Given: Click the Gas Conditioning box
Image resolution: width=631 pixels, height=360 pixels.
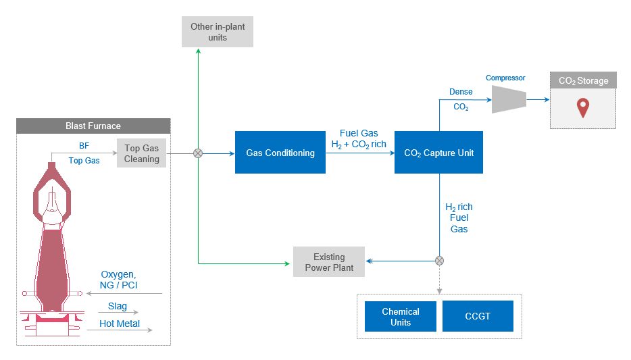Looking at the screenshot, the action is (x=280, y=153).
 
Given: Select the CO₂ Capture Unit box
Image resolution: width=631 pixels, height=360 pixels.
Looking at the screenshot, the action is (x=438, y=153).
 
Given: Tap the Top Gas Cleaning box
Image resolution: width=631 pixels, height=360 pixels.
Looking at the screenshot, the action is (x=141, y=153).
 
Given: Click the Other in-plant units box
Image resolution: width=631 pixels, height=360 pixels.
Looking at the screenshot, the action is (x=218, y=32).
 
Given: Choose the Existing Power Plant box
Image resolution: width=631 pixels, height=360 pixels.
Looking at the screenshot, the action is (x=329, y=262).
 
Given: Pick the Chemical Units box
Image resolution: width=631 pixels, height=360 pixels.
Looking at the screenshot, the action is (x=401, y=317).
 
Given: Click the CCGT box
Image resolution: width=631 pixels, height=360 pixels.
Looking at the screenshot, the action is (x=478, y=316).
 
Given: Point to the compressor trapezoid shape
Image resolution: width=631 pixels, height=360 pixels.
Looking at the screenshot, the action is (x=509, y=100).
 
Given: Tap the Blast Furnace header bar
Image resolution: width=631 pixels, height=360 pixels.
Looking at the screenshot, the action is (x=93, y=126).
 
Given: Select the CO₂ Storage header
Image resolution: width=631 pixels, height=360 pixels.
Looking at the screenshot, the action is (x=583, y=80).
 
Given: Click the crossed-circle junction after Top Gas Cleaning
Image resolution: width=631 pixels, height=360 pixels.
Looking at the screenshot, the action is (x=198, y=153).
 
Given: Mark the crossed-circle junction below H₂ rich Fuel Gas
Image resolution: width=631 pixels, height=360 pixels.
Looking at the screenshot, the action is (x=439, y=261).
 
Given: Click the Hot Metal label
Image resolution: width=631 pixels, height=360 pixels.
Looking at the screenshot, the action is (x=120, y=324).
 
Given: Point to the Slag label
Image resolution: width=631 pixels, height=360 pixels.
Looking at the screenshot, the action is (x=118, y=306).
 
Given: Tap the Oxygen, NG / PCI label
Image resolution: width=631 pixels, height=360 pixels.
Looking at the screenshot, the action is (x=119, y=280).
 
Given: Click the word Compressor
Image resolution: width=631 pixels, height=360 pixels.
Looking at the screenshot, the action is (x=505, y=78).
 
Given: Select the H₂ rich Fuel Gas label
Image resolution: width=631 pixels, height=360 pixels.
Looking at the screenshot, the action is (x=459, y=217).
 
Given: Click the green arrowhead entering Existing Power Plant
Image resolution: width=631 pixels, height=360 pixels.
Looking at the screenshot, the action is (x=287, y=264).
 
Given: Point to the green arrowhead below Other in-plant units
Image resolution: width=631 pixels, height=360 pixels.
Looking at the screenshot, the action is (x=198, y=51).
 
